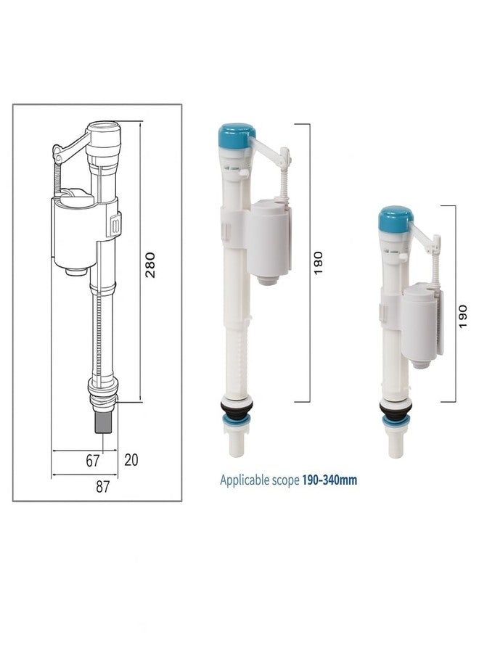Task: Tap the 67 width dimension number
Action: pyautogui.click(x=93, y=460)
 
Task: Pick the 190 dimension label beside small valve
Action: pyautogui.click(x=463, y=315)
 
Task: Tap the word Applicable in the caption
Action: pyautogui.click(x=245, y=480)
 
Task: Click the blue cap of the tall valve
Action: pyautogui.click(x=237, y=134)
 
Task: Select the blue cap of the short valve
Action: pyautogui.click(x=396, y=215)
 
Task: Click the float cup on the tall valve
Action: pyautogui.click(x=270, y=239)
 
